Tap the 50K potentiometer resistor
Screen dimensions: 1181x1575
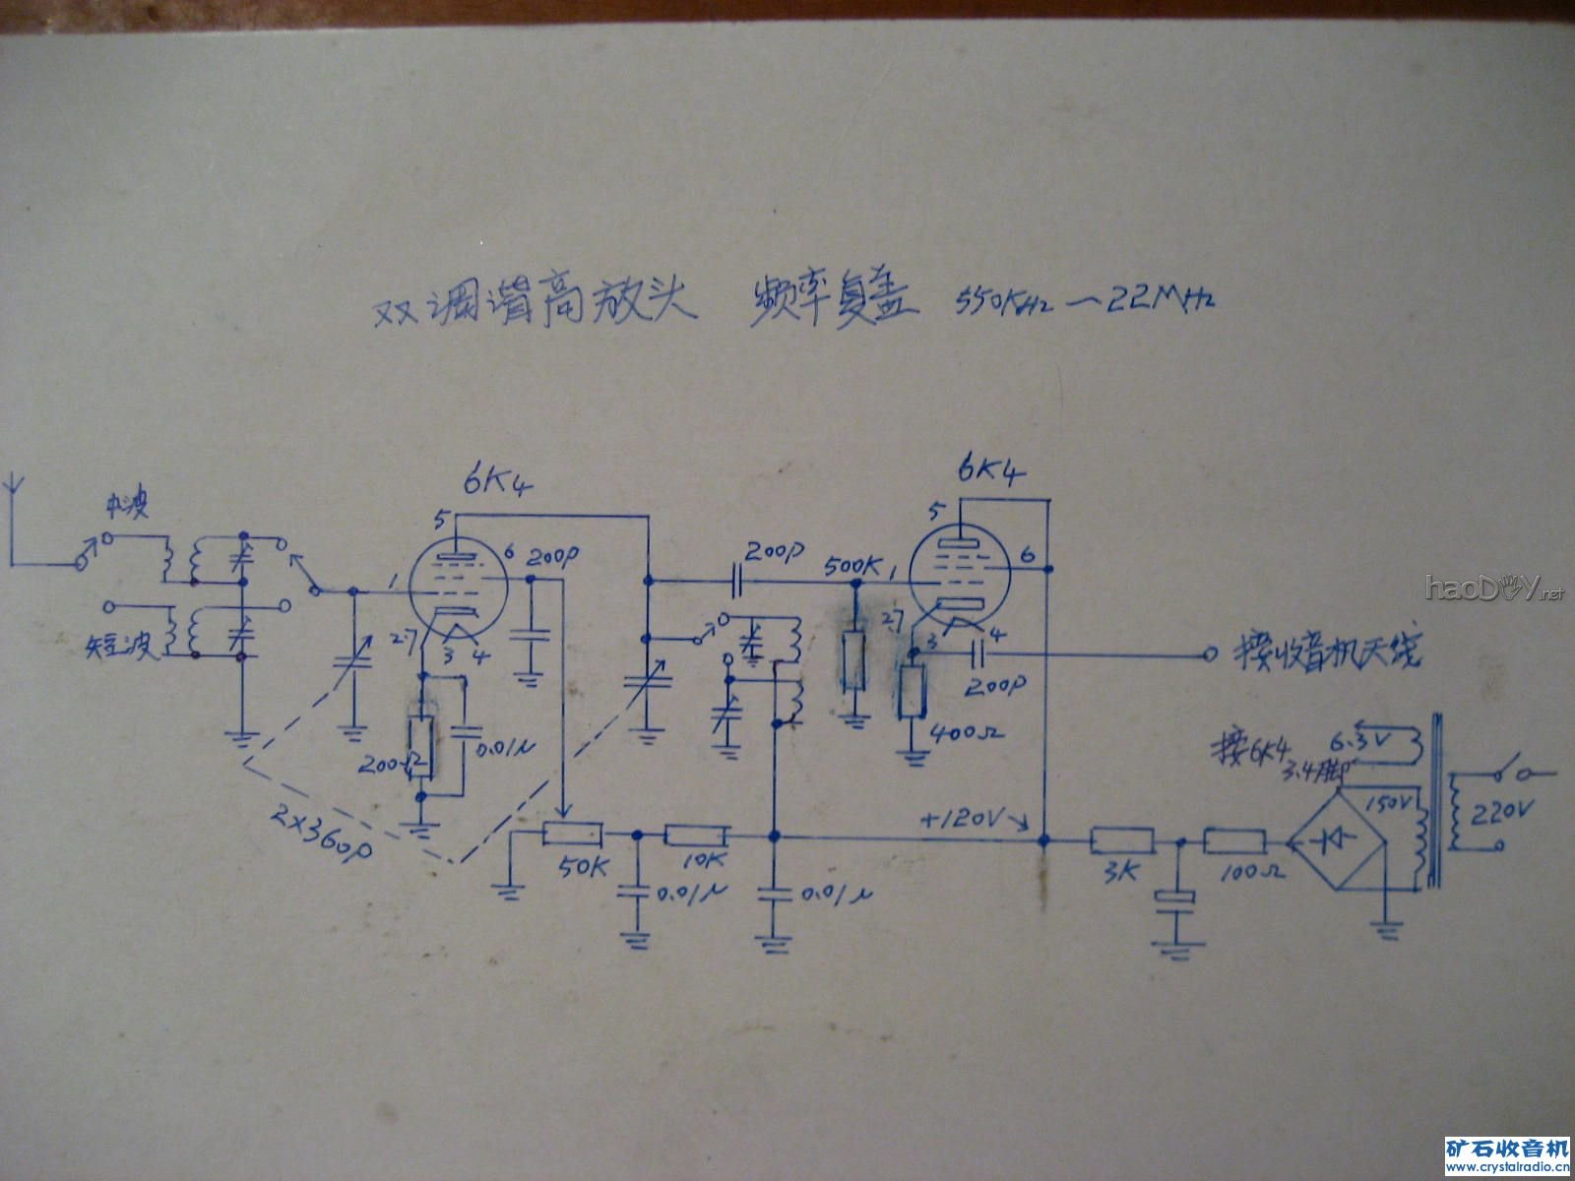click(x=572, y=834)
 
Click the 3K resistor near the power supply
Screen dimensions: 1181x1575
click(x=1121, y=841)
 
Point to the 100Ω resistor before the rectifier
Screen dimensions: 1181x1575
click(x=1235, y=841)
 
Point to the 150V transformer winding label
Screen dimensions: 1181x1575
click(x=1395, y=803)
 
